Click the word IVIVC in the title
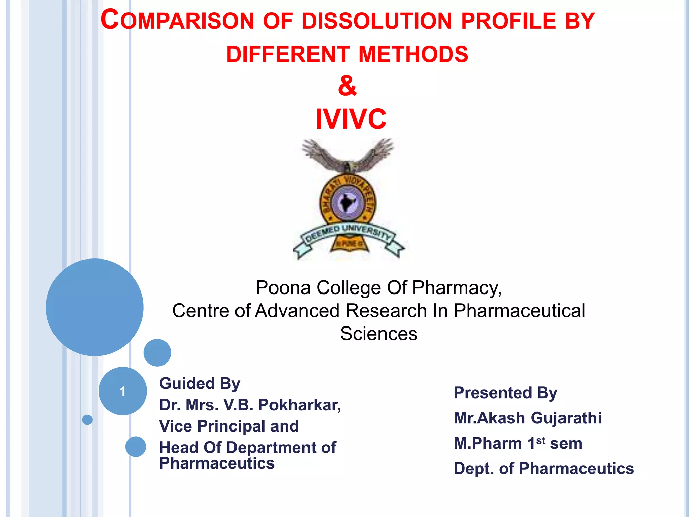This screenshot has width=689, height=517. [x=351, y=119]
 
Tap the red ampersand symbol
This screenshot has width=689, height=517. [x=347, y=85]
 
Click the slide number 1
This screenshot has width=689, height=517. [x=122, y=391]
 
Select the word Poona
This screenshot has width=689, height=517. [x=283, y=288]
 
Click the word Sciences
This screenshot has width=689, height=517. [x=378, y=334]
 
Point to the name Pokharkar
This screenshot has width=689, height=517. [x=299, y=405]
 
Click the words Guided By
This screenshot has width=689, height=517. [x=200, y=384]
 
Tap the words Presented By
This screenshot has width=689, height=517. [x=505, y=393]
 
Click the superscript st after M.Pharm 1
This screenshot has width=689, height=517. [x=540, y=440]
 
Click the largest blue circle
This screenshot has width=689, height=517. [x=95, y=307]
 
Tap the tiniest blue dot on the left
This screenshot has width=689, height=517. [x=87, y=420]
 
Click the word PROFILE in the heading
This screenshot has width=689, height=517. [x=509, y=21]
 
